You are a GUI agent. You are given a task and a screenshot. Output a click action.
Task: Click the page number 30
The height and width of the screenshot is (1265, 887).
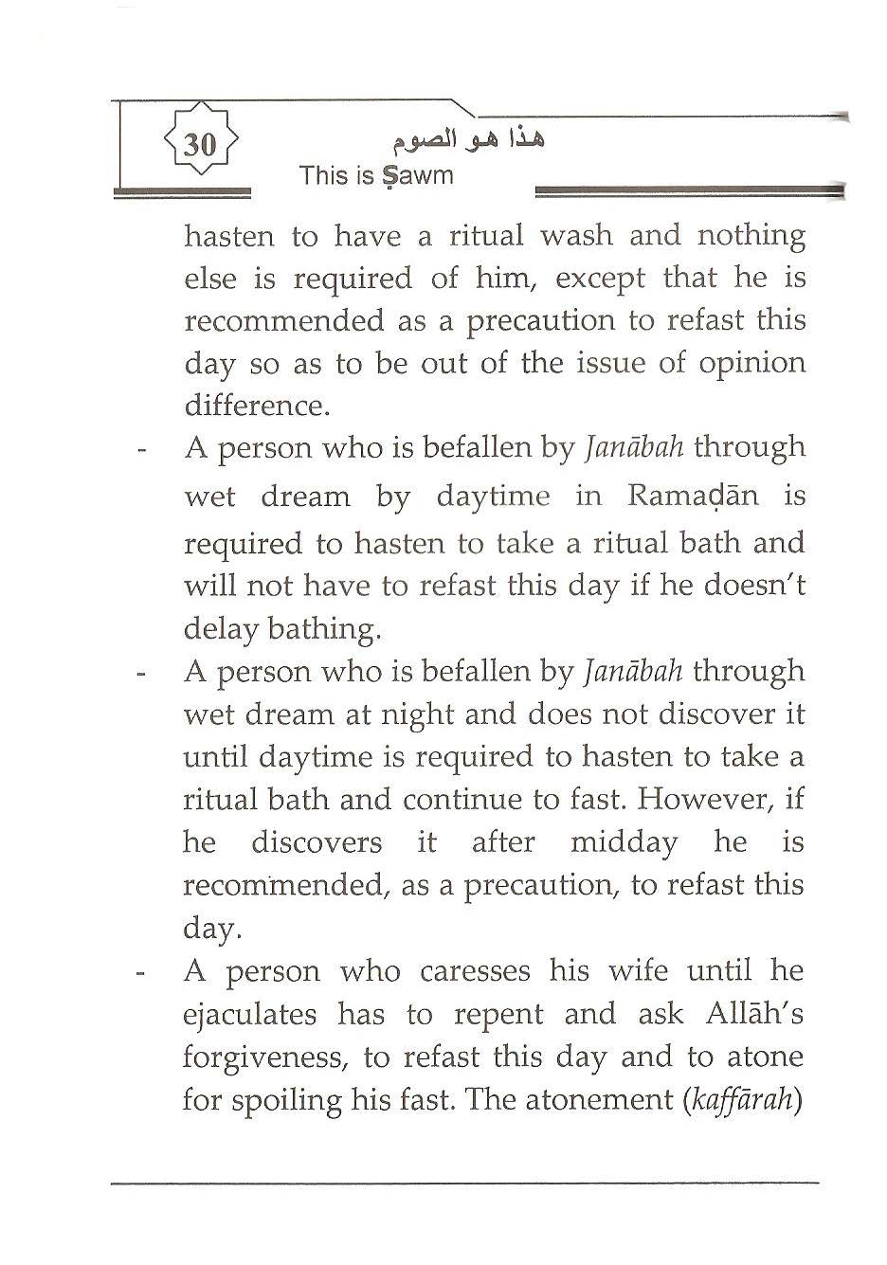200,145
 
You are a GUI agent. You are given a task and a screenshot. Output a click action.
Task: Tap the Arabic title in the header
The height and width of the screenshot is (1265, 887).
469,140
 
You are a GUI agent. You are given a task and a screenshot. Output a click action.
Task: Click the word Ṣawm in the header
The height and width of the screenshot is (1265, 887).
417,176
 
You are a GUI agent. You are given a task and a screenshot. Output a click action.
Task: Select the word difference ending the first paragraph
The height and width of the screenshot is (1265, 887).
255,406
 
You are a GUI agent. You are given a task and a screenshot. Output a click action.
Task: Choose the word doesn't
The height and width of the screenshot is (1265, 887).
754,586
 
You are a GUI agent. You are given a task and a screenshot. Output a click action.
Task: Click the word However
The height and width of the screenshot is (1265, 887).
705,799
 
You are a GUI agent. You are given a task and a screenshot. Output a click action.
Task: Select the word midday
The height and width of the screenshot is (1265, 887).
624,842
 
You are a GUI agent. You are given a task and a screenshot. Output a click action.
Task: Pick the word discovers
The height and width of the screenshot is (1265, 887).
317,842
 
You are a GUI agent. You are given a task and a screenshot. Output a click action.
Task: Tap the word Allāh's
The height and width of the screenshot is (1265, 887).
754,1014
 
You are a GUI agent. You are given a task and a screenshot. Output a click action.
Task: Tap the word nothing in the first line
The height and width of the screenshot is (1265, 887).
751,236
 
